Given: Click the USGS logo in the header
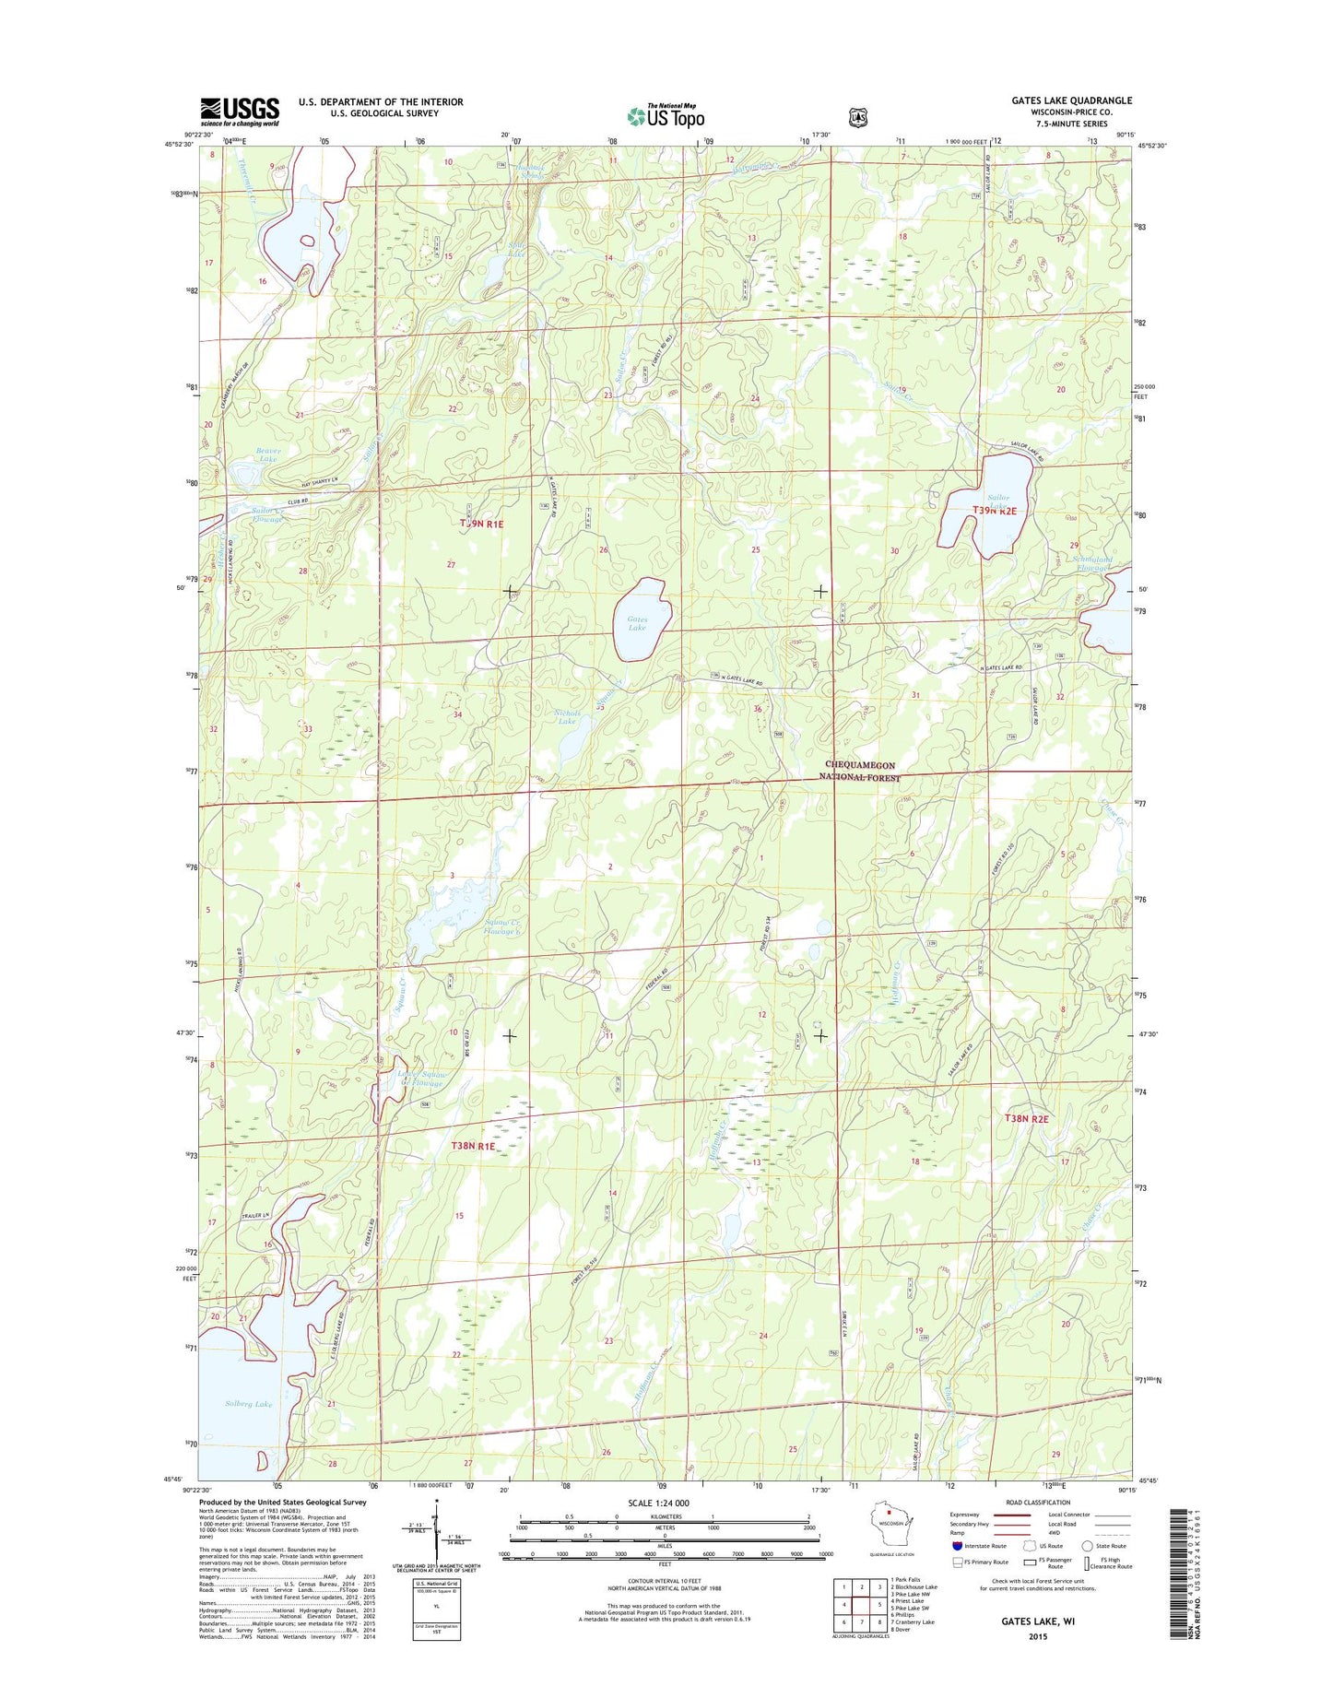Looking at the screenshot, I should click(x=240, y=112).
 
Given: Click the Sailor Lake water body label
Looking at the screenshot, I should click(x=998, y=502).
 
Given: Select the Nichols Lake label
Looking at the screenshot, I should click(x=567, y=716).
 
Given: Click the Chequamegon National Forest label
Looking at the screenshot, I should click(x=859, y=772).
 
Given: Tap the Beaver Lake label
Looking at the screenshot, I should click(x=268, y=454).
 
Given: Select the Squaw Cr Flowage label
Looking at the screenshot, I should click(x=503, y=926).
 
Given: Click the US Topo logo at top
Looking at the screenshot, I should click(x=666, y=115).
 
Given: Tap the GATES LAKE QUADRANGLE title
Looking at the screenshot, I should click(x=1071, y=100).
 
